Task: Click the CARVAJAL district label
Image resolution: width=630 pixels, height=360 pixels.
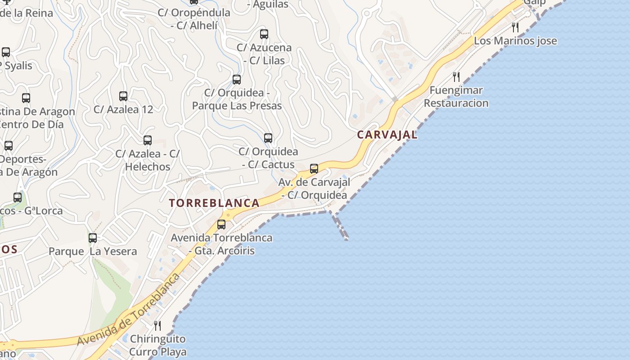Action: [387, 135]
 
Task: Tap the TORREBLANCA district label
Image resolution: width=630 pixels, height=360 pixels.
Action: [214, 203]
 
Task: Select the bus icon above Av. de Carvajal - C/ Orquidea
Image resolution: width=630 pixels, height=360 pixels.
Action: [314, 169]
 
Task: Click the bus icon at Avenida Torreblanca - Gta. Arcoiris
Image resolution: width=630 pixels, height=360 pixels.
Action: [221, 224]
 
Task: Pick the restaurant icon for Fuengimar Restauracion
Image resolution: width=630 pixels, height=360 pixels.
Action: [456, 76]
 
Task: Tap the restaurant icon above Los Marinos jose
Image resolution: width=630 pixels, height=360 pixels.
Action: [515, 27]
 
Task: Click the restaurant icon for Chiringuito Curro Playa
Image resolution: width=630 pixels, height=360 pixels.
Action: [157, 325]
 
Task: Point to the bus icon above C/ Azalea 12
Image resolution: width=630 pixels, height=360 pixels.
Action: [123, 96]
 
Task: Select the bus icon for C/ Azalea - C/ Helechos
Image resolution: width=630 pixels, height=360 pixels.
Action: [148, 140]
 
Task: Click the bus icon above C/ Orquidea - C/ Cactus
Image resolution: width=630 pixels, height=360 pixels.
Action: [268, 138]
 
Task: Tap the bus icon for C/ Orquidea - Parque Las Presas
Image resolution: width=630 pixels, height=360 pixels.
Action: [237, 80]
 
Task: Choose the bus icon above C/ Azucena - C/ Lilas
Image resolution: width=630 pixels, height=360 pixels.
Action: [264, 34]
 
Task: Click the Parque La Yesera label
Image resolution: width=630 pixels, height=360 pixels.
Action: [93, 251]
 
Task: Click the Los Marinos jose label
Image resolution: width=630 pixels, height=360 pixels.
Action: [515, 41]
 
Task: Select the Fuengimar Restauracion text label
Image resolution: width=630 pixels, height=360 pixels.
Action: [456, 97]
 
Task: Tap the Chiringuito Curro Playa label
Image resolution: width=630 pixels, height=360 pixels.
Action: [157, 345]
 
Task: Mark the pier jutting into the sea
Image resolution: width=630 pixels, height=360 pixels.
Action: [339, 226]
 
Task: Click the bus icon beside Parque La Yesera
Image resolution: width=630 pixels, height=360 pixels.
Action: [93, 238]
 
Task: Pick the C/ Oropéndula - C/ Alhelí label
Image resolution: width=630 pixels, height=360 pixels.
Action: [194, 19]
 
